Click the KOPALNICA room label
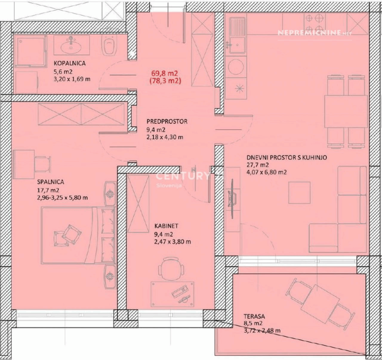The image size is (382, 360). (x=70, y=63)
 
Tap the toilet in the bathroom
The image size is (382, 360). (x=109, y=45)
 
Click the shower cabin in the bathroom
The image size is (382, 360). (x=30, y=51)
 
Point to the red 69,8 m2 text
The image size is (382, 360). (x=165, y=73)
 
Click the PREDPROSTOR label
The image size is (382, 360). (x=167, y=121)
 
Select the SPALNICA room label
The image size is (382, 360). (x=51, y=181)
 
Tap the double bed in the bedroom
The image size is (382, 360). (x=78, y=235)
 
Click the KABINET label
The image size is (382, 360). (x=166, y=226)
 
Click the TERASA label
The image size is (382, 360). (x=254, y=316)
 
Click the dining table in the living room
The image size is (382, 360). (x=346, y=111)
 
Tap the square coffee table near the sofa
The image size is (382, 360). (x=299, y=193)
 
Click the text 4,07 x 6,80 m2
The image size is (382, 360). (x=267, y=172)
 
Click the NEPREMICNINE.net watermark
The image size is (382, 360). (x=315, y=33)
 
